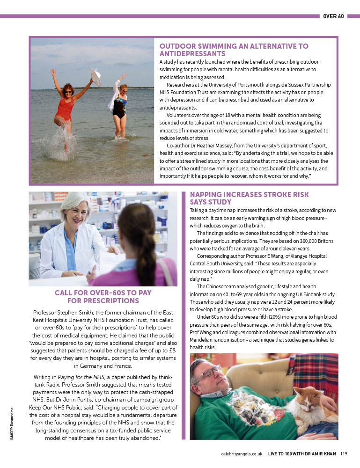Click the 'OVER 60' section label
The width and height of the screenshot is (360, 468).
click(x=333, y=16)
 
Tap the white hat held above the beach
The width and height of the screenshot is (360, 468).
click(x=96, y=77)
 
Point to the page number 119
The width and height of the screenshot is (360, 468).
click(x=344, y=453)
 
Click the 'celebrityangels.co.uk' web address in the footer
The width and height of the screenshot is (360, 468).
click(x=242, y=453)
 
